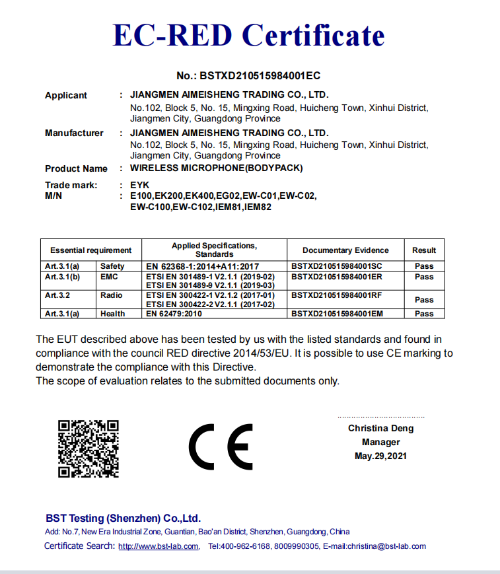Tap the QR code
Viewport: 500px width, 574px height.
tap(89, 448)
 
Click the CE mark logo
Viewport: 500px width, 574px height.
tap(221, 447)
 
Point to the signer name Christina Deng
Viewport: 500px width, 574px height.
tap(381, 428)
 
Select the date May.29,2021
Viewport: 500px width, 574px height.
tap(380, 456)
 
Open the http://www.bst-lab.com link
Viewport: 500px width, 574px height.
tap(159, 546)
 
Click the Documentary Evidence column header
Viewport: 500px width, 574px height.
tap(345, 250)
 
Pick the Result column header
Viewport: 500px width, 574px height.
tap(424, 250)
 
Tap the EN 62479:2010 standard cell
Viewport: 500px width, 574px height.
tap(173, 314)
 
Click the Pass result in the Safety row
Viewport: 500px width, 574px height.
tap(424, 266)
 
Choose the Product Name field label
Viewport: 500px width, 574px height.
tap(76, 168)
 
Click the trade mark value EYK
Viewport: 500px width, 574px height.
tap(140, 186)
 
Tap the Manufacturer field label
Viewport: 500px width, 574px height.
tap(74, 133)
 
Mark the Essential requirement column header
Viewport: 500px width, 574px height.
tap(90, 250)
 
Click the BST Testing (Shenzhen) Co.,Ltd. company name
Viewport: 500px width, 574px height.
tap(123, 519)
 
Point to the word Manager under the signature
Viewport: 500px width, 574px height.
tap(380, 442)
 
